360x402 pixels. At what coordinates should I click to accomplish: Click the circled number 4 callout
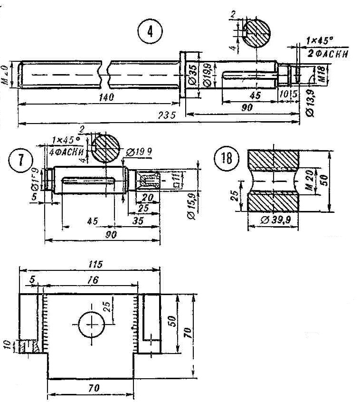(150, 32)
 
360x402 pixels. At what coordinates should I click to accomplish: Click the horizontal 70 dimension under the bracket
(94, 388)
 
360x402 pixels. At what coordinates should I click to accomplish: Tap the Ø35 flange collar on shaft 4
(182, 75)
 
